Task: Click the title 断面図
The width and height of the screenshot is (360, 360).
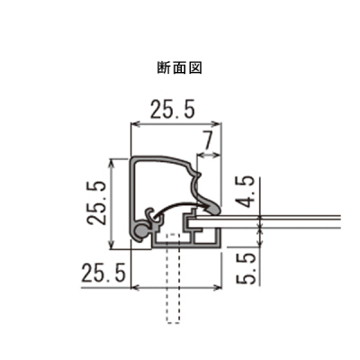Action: [x=179, y=68]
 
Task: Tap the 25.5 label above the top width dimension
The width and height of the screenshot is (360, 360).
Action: [x=173, y=109]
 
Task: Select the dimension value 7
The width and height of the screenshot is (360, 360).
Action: [x=209, y=140]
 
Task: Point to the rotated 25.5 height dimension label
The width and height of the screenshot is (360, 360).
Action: [x=96, y=202]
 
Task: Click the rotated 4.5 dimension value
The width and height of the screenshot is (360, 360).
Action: [x=247, y=192]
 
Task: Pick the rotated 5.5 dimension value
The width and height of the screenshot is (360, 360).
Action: [x=247, y=268]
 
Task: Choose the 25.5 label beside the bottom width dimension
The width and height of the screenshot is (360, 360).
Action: [x=103, y=273]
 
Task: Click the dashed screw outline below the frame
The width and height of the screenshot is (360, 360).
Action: [x=173, y=278]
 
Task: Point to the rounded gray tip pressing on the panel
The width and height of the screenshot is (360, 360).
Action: [x=212, y=208]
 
